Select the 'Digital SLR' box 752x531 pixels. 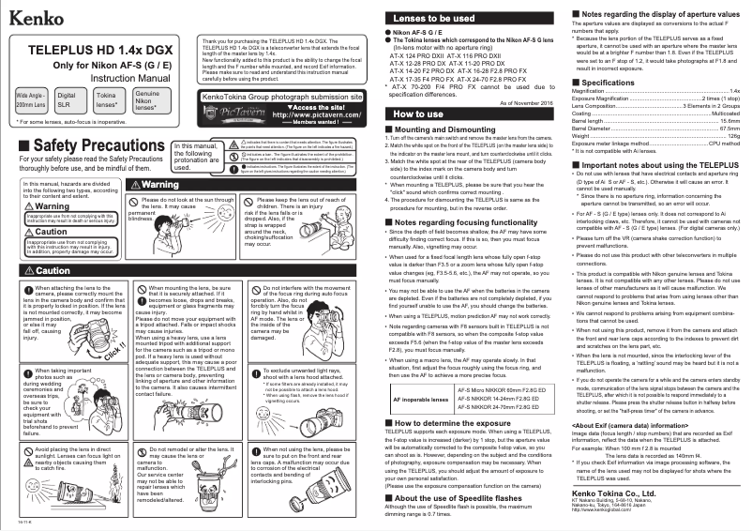pos(67,101)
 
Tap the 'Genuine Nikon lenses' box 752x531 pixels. pos(147,101)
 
